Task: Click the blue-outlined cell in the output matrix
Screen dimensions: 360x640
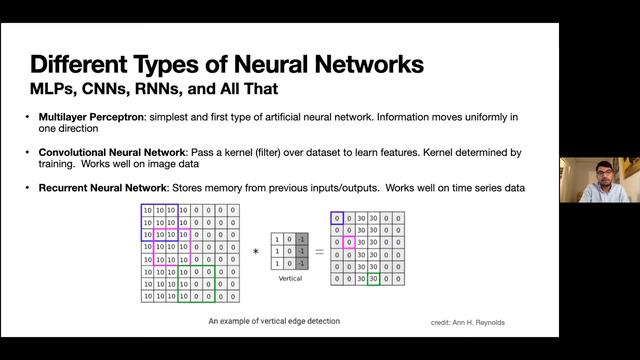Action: coord(337,216)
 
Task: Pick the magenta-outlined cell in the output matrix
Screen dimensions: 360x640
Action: coord(349,241)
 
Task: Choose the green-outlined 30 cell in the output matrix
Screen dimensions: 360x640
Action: coord(373,278)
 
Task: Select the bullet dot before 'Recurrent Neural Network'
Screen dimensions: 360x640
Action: coord(28,188)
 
